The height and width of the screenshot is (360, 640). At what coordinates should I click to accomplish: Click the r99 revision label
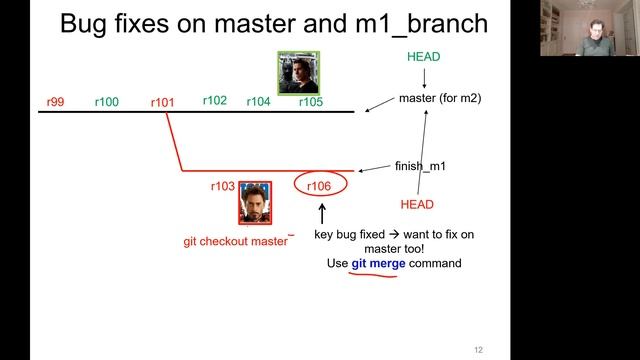point(55,102)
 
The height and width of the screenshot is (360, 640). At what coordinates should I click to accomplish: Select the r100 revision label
point(106,102)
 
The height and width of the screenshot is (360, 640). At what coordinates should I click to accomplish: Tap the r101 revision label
point(162,102)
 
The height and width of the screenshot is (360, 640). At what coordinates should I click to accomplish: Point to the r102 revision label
point(215,100)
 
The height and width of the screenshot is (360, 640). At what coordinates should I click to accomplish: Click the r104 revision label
point(258,102)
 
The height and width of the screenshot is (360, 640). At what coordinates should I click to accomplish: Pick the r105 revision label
point(310,102)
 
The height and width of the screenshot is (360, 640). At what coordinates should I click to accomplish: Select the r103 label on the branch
point(222,186)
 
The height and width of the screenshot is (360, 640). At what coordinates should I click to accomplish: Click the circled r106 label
point(319,186)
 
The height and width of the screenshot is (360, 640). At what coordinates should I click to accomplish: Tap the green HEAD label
point(423,57)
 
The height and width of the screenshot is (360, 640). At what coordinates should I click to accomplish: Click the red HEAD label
point(417,204)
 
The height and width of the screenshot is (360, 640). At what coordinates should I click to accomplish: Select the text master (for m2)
point(441,98)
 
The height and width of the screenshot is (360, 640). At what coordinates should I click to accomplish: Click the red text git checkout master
point(235,241)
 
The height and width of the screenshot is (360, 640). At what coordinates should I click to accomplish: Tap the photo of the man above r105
point(298,72)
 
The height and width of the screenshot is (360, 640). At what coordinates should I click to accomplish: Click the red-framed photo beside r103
point(254,203)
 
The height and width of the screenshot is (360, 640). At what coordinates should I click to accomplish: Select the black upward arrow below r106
point(322,213)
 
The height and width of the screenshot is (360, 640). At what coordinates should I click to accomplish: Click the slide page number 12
point(478,349)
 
